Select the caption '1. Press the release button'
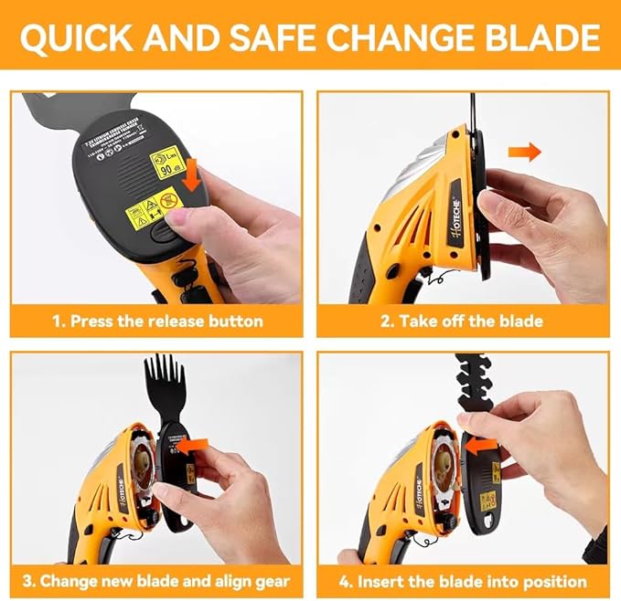155,321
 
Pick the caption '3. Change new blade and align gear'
155,580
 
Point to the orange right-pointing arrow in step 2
525,151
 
